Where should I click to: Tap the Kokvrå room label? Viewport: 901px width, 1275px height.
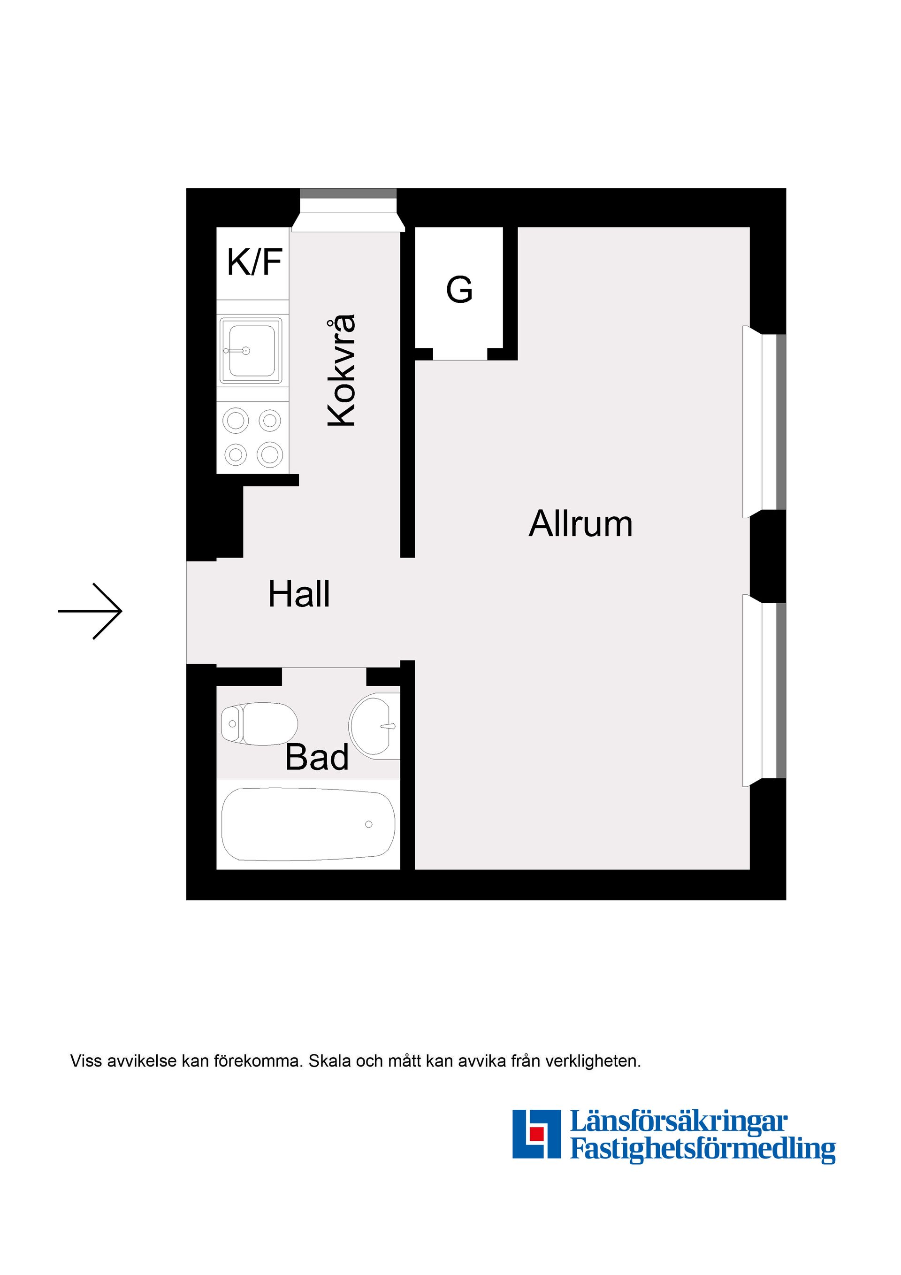click(341, 370)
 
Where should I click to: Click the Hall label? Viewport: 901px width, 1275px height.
click(299, 594)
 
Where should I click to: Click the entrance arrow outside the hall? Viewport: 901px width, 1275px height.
click(90, 611)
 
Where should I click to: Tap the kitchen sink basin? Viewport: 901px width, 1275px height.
click(251, 350)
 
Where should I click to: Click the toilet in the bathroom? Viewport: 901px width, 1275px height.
click(259, 723)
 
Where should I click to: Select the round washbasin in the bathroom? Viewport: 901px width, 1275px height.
click(374, 726)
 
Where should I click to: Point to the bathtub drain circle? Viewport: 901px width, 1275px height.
click(369, 824)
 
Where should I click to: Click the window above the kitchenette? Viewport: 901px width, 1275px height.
click(349, 210)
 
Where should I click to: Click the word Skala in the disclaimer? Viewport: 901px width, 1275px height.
click(330, 1061)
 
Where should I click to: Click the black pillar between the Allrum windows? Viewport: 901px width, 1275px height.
click(768, 556)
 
